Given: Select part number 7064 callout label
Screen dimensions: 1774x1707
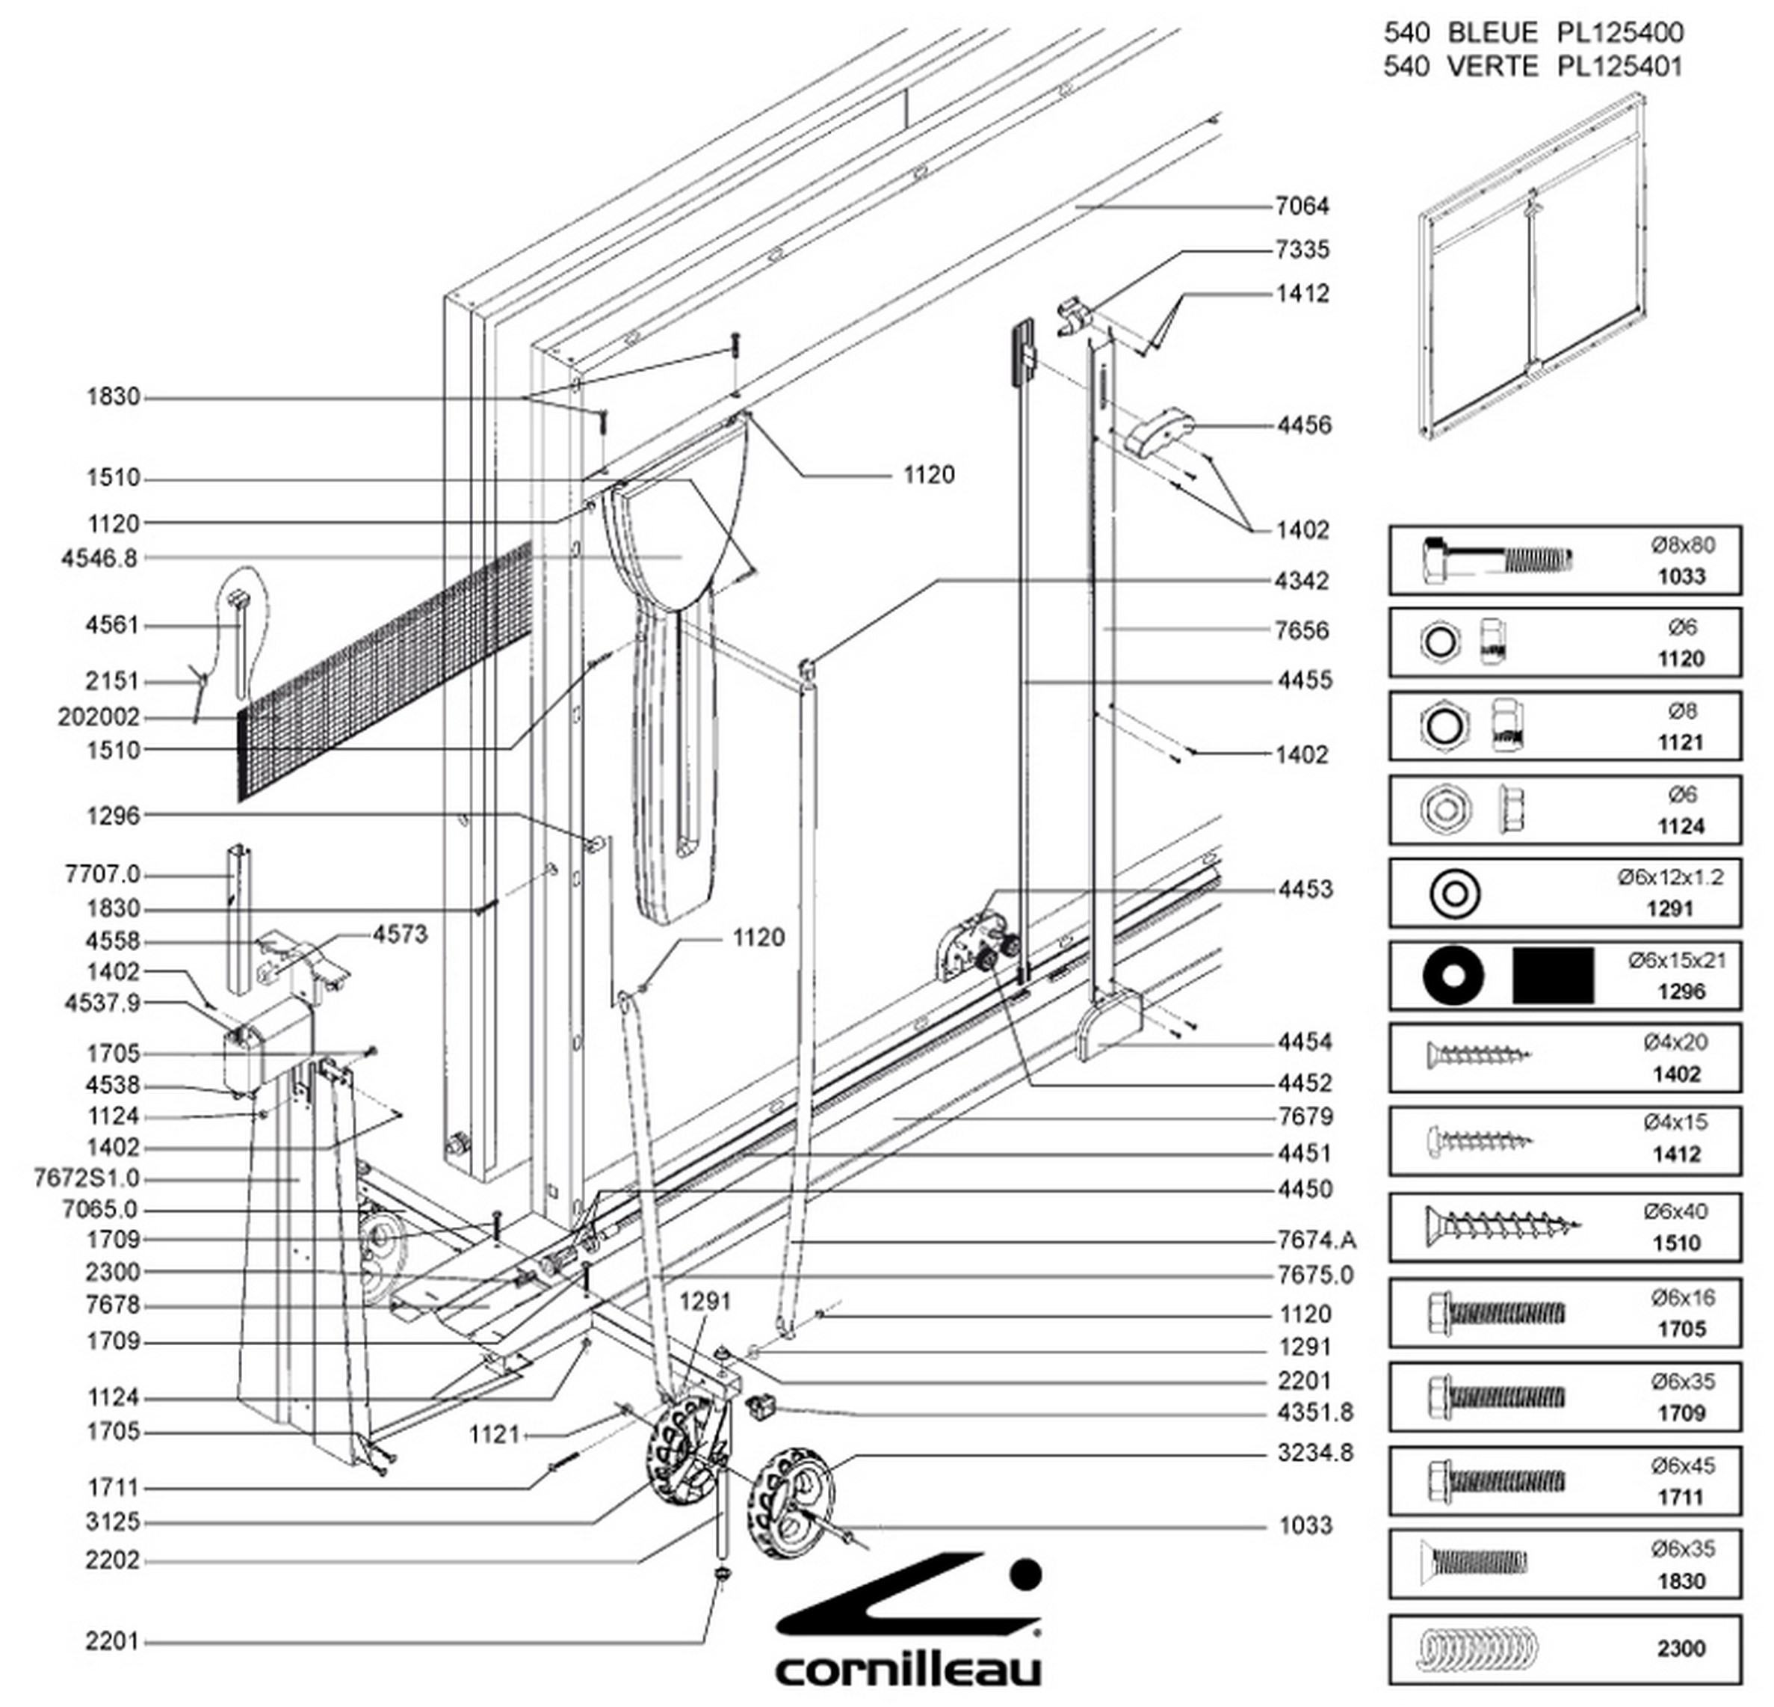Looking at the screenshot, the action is (1302, 206).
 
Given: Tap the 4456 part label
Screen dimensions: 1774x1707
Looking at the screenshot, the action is (1304, 425).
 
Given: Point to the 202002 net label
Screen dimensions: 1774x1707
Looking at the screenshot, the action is (99, 717).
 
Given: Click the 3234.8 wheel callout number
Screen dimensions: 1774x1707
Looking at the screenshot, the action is (1315, 1453).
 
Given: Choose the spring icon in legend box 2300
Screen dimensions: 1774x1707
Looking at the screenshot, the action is (1477, 1649).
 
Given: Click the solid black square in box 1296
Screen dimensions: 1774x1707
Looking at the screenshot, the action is (1553, 975).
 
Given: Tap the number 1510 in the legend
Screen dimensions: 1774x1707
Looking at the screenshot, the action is (1676, 1243).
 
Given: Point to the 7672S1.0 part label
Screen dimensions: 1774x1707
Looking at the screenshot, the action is (87, 1179).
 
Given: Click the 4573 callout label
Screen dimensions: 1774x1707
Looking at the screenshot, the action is (400, 935).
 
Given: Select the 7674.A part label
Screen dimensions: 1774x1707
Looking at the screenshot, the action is (1317, 1240).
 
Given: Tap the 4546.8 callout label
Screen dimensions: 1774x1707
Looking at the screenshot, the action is (99, 559).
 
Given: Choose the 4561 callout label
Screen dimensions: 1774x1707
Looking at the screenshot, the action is (112, 626).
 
